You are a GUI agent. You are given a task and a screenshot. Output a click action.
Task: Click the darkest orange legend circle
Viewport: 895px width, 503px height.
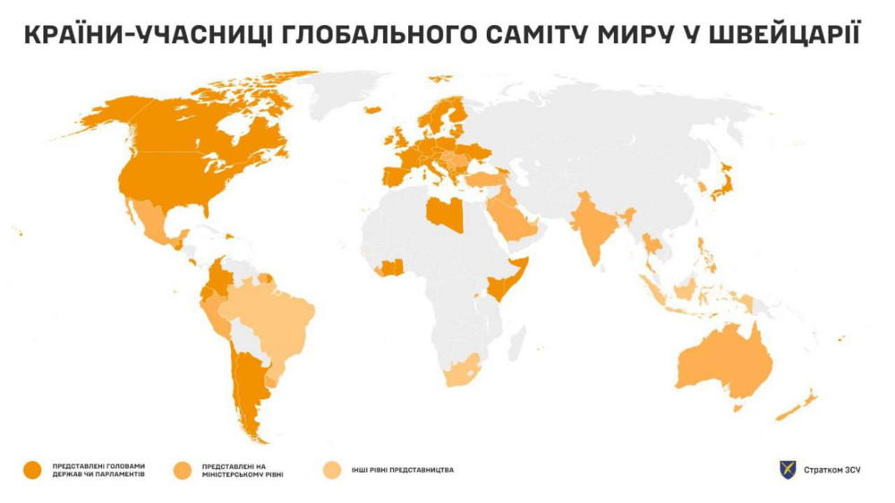[x=33, y=469]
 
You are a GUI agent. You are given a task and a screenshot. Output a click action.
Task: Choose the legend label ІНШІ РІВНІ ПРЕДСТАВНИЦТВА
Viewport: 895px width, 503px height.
[x=403, y=469]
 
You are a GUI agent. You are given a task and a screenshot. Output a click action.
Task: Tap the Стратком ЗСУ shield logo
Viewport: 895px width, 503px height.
[x=788, y=469]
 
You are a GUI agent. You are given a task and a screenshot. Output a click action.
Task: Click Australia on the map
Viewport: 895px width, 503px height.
[x=725, y=362]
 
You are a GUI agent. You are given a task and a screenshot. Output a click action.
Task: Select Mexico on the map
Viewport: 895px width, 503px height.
[x=152, y=219]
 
